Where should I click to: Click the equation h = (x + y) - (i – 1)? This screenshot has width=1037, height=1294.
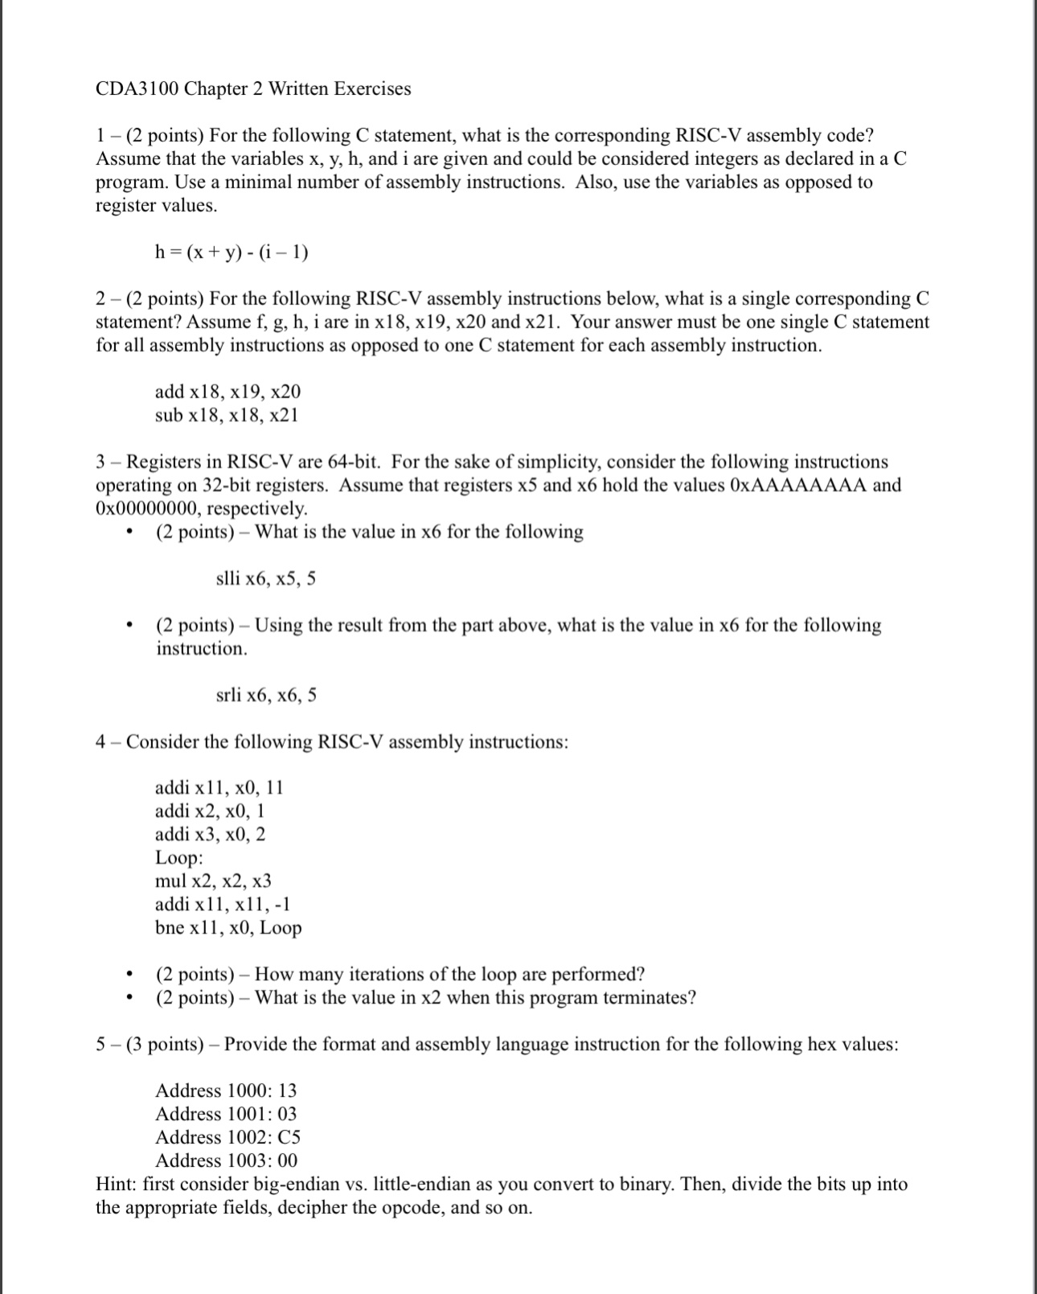pyautogui.click(x=232, y=253)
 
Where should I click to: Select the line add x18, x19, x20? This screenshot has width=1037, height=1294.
pyautogui.click(x=227, y=392)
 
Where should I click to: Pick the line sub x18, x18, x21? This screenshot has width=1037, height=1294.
pyautogui.click(x=227, y=415)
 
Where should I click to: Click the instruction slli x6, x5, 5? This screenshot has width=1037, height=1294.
pyautogui.click(x=266, y=578)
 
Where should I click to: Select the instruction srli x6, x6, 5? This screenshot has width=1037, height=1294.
pyautogui.click(x=266, y=695)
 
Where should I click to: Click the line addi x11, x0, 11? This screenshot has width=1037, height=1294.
pyautogui.click(x=219, y=787)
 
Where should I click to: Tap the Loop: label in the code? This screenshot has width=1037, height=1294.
pyautogui.click(x=178, y=857)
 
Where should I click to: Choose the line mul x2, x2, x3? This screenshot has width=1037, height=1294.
pyautogui.click(x=213, y=881)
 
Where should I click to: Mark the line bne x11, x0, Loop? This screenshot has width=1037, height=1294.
pyautogui.click(x=228, y=927)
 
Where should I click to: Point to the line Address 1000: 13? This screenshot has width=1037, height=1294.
pyautogui.click(x=226, y=1091)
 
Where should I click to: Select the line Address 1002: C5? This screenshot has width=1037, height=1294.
pyautogui.click(x=227, y=1137)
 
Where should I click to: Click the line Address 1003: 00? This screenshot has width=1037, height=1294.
pyautogui.click(x=226, y=1160)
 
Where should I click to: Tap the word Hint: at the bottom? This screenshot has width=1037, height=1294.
pyautogui.click(x=117, y=1184)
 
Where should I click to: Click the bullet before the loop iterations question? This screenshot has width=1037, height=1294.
pyautogui.click(x=129, y=975)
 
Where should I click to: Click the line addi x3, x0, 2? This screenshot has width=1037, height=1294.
pyautogui.click(x=210, y=834)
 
